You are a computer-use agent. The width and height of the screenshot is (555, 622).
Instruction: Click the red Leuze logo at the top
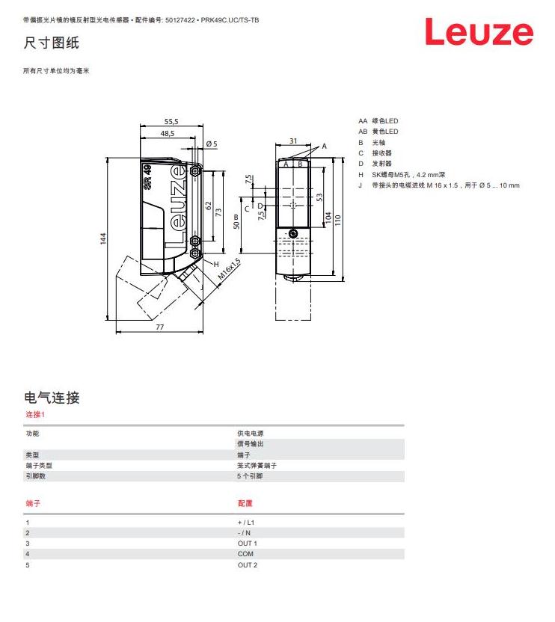pyautogui.click(x=479, y=32)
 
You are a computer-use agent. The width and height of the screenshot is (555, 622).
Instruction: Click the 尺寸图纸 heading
pyautogui.click(x=52, y=43)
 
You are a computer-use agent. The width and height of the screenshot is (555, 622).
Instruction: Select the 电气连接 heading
pyautogui.click(x=52, y=398)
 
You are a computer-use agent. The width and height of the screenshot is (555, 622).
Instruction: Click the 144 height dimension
pyautogui.click(x=104, y=238)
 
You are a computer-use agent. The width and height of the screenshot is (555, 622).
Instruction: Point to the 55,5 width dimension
pyautogui.click(x=171, y=120)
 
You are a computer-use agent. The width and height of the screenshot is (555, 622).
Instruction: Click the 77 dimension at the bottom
pyautogui.click(x=159, y=327)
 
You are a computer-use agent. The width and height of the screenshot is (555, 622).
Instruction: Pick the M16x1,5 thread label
pyautogui.click(x=230, y=270)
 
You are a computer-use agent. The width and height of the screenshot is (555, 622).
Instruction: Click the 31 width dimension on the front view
pyautogui.click(x=293, y=141)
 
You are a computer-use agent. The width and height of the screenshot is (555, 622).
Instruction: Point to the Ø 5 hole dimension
pyautogui.click(x=211, y=144)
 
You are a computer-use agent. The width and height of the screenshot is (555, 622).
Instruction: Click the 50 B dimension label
pyautogui.click(x=236, y=221)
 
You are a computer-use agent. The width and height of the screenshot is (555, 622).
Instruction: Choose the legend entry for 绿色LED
pyautogui.click(x=385, y=120)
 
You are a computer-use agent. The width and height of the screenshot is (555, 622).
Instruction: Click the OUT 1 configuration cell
pyautogui.click(x=247, y=544)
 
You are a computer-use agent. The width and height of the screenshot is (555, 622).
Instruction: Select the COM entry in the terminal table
pyautogui.click(x=245, y=554)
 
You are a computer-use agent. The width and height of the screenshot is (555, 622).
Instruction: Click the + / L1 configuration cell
pyautogui.click(x=246, y=522)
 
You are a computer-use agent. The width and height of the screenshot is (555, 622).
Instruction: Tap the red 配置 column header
pyautogui.click(x=245, y=504)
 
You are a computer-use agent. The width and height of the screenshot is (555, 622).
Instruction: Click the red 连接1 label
pyautogui.click(x=35, y=414)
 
